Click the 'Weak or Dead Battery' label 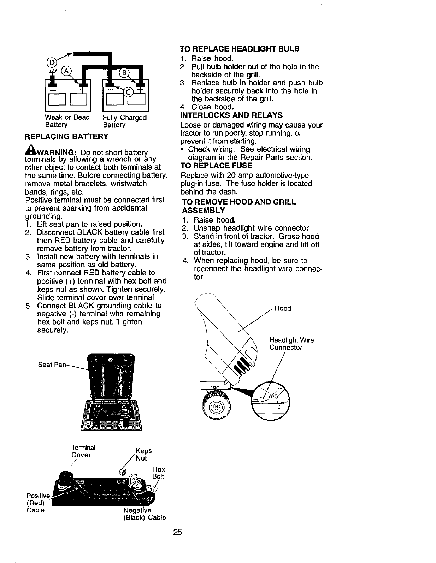coord(67,121)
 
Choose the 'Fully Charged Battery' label coord(124,121)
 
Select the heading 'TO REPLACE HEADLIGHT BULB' coord(240,49)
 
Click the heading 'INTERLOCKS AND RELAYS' coord(231,115)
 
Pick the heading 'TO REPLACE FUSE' coord(216,166)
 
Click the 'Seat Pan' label coord(52,365)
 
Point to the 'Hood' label coord(283,308)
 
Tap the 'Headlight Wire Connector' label coord(291,344)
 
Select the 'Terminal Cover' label coord(81,451)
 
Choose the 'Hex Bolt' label coord(158,473)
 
